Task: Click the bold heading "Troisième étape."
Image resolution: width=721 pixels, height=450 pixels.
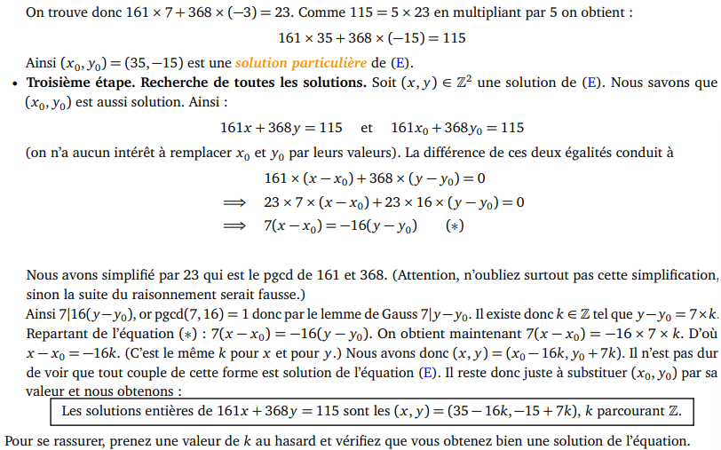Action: tap(82, 83)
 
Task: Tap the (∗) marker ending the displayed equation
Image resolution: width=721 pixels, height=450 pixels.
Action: tap(455, 226)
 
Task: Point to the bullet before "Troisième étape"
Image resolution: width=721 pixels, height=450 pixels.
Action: tap(15, 83)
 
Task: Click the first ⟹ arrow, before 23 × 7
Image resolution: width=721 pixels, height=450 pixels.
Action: tap(234, 202)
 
